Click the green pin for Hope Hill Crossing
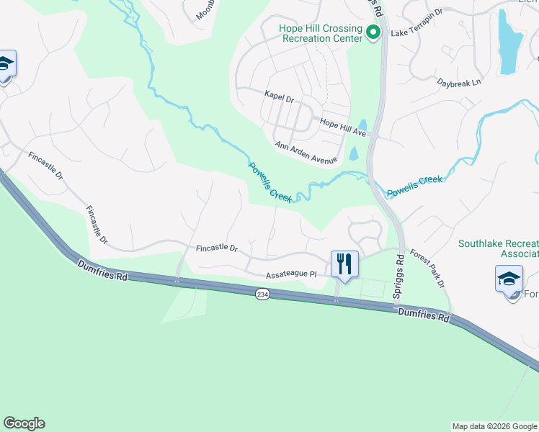pyautogui.click(x=373, y=32)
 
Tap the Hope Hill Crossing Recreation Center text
pyautogui.click(x=321, y=33)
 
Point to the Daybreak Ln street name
pyautogui.click(x=459, y=84)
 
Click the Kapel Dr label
pyautogui.click(x=280, y=96)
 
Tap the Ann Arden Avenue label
pyautogui.click(x=306, y=152)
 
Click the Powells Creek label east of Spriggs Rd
pyautogui.click(x=414, y=186)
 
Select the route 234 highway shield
pyautogui.click(x=262, y=294)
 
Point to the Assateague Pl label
pyautogui.click(x=291, y=274)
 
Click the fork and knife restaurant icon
pyautogui.click(x=344, y=265)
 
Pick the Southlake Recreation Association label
pyautogui.click(x=499, y=248)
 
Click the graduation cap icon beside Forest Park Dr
pyautogui.click(x=509, y=279)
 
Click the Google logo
pyautogui.click(x=24, y=423)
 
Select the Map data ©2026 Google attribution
pyautogui.click(x=494, y=426)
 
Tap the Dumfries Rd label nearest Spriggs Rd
pyautogui.click(x=424, y=314)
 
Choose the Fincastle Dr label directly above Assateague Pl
pyautogui.click(x=216, y=248)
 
